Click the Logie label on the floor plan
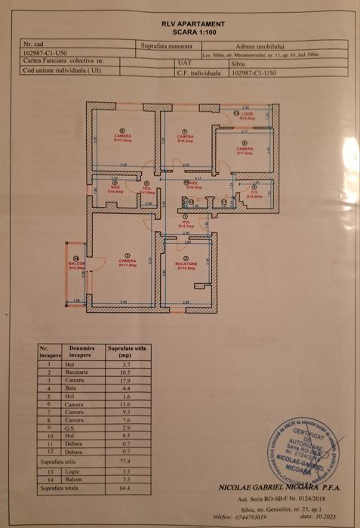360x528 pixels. pos(248,116)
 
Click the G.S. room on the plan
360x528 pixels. pos(255,193)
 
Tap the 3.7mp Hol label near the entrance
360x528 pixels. pos(186,224)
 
